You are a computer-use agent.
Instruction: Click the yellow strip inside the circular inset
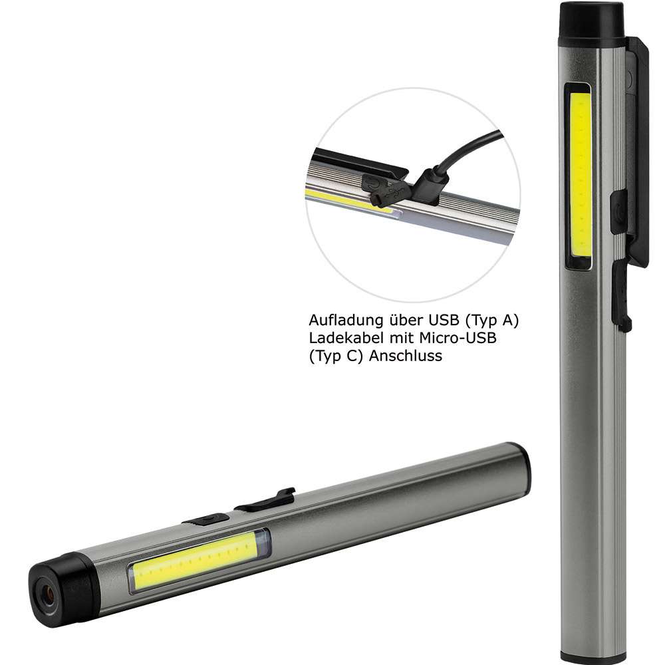click(x=346, y=200)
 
